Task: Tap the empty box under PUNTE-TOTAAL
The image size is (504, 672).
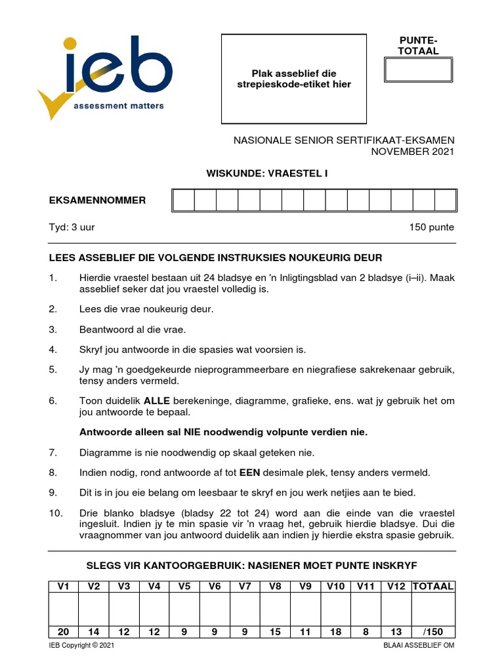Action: [418, 70]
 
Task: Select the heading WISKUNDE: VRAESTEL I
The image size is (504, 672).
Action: [267, 173]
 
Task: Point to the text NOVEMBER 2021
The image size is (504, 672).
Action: [412, 152]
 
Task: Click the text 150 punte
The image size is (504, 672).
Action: [431, 228]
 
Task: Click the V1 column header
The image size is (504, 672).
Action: [64, 586]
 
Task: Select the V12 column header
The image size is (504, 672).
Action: [396, 586]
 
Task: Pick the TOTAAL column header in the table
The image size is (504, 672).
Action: [432, 586]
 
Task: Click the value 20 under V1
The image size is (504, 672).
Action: [64, 632]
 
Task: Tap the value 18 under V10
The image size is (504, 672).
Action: [336, 632]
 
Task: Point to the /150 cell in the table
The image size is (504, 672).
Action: [433, 632]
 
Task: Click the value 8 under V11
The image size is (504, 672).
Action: [366, 632]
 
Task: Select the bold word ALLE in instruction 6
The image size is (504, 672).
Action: [157, 400]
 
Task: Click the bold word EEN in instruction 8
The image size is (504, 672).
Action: [250, 472]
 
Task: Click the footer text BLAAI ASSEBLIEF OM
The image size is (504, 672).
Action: [419, 646]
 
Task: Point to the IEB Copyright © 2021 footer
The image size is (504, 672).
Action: [82, 646]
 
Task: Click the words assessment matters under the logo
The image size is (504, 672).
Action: [119, 105]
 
